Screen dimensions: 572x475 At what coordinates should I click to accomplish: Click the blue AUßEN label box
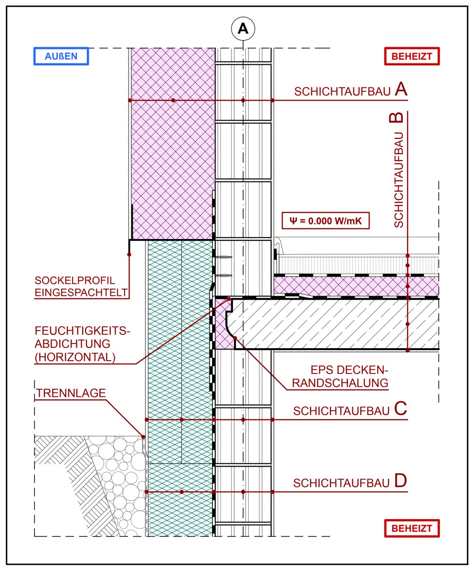[x=61, y=56]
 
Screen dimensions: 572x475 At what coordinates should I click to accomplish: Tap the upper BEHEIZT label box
[x=412, y=56]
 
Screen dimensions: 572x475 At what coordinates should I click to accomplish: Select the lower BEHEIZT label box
[x=412, y=528]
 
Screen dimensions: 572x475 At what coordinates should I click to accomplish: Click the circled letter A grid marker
[x=243, y=29]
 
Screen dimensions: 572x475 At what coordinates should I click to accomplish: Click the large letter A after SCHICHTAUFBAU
[x=401, y=90]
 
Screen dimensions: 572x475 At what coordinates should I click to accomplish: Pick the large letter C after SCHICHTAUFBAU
[x=401, y=409]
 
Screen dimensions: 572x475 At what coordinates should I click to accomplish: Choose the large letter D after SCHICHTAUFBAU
[x=401, y=481]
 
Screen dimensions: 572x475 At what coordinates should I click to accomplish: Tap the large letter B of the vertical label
[x=399, y=118]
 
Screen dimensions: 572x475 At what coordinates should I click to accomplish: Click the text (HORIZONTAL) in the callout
[x=75, y=356]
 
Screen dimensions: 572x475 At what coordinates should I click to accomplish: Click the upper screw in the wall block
[x=224, y=258]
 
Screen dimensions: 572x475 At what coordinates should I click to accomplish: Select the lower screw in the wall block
[x=224, y=276]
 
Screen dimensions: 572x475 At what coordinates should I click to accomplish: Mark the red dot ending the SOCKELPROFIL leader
[x=129, y=255]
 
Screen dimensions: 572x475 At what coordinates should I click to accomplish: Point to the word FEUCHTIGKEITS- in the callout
[x=83, y=331]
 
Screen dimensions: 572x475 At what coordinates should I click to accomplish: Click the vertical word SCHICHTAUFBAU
[x=399, y=179]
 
